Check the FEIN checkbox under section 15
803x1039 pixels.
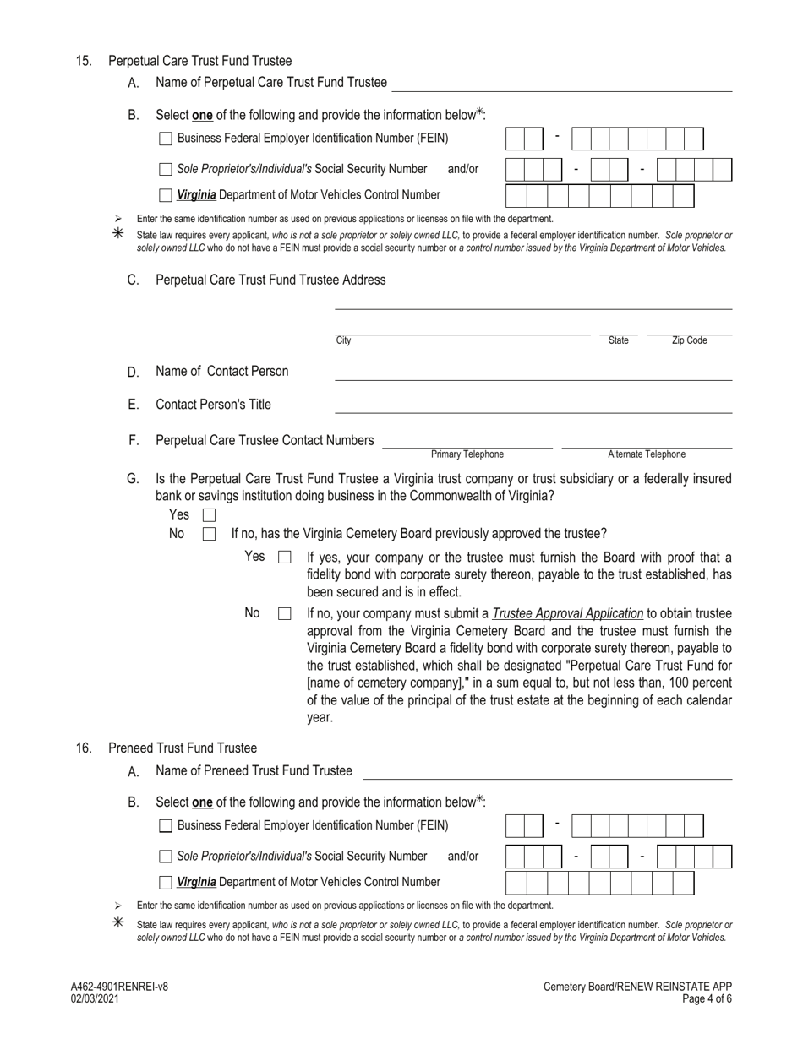(166, 139)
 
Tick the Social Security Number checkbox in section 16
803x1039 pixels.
(166, 857)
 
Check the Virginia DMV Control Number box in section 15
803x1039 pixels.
(166, 195)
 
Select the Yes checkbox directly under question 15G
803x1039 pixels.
(209, 514)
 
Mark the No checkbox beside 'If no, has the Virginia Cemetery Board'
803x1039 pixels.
(209, 534)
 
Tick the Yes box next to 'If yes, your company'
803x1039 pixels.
(285, 558)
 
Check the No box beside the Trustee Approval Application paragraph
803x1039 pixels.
(285, 614)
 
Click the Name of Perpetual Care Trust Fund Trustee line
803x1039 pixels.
(562, 83)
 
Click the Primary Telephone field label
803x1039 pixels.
(467, 454)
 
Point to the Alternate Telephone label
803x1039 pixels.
(647, 454)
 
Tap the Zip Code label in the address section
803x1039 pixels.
(689, 340)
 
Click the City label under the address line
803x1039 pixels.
(343, 340)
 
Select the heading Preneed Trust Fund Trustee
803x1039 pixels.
(183, 748)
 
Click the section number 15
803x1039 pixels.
(84, 61)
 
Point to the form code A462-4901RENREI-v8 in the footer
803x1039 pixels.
(120, 987)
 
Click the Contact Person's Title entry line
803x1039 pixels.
(533, 405)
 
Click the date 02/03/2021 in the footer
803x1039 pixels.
(96, 998)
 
